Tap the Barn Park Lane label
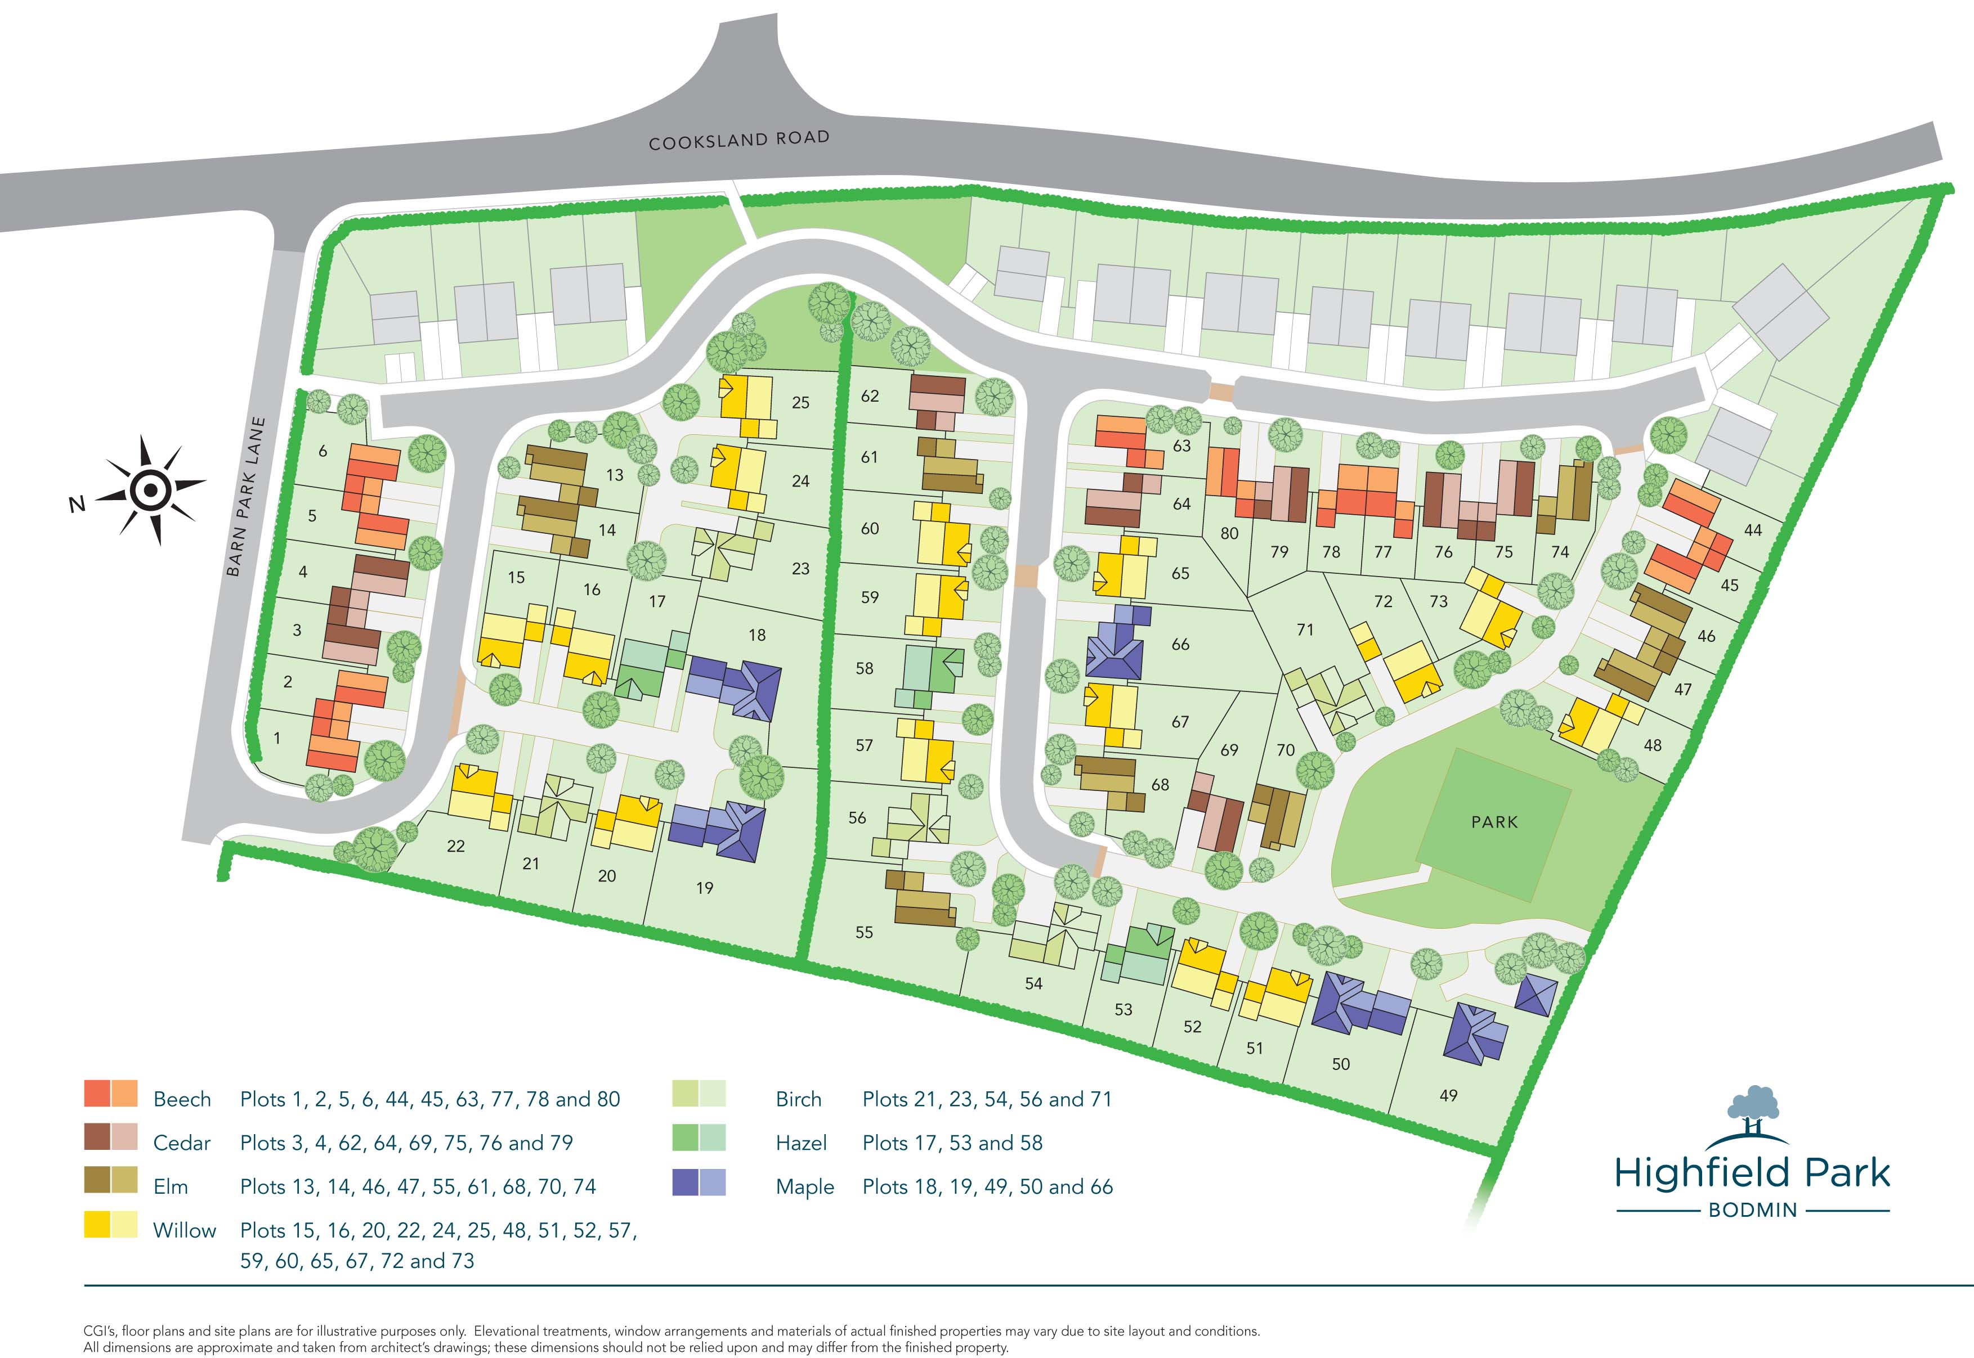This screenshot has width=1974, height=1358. pyautogui.click(x=246, y=496)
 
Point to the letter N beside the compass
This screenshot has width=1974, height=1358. pyautogui.click(x=77, y=505)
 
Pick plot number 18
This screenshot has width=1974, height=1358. pyautogui.click(x=757, y=635)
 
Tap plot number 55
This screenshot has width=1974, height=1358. pyautogui.click(x=864, y=933)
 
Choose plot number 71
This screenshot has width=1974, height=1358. pyautogui.click(x=1305, y=629)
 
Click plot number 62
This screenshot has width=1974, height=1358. pyautogui.click(x=869, y=395)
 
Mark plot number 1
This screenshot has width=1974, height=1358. pyautogui.click(x=276, y=739)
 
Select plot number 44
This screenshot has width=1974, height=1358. pyautogui.click(x=1753, y=530)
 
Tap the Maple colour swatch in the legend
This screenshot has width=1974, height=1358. pyautogui.click(x=699, y=1182)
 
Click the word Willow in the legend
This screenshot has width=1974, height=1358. pyautogui.click(x=184, y=1230)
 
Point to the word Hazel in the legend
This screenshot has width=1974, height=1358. pyautogui.click(x=801, y=1143)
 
